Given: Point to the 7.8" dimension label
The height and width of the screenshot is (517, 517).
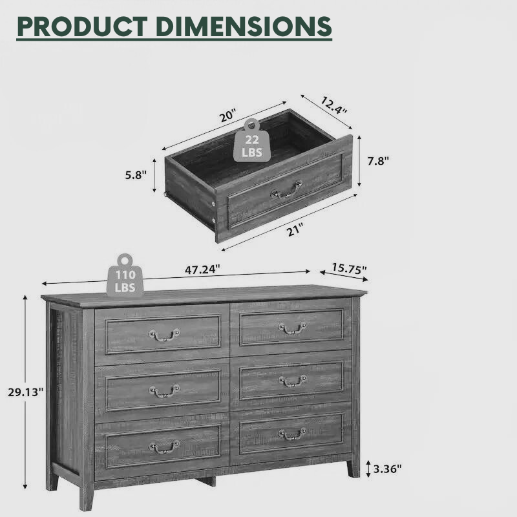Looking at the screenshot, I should (x=377, y=161).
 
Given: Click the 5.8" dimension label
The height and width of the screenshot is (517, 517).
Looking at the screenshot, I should (x=136, y=174).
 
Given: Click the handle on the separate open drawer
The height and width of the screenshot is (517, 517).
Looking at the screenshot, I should (x=286, y=190).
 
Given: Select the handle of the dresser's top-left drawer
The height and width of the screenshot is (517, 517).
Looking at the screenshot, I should (x=164, y=335).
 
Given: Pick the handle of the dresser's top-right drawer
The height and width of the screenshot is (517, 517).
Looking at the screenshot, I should (x=292, y=328).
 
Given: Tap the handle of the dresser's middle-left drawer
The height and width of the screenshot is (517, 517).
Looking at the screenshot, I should (x=164, y=391).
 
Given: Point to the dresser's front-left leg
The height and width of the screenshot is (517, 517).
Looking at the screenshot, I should (x=86, y=494).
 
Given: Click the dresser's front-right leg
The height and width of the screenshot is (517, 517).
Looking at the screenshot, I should (x=353, y=467).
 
